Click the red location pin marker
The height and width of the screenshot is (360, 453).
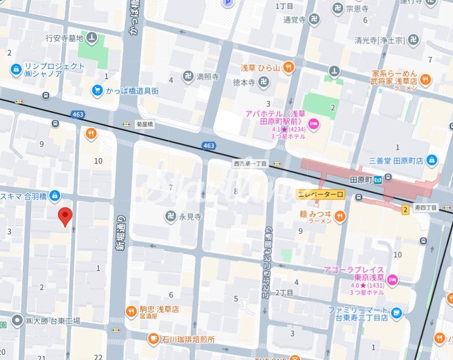click(65, 216)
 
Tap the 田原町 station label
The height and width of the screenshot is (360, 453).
click(361, 180)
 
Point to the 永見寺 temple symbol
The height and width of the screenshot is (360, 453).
click(170, 217)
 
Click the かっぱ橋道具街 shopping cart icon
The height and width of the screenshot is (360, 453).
click(98, 90)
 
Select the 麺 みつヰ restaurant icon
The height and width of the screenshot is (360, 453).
click(340, 216)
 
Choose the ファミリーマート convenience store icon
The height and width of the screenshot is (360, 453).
click(396, 313)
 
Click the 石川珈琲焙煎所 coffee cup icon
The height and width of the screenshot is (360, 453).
click(153, 339)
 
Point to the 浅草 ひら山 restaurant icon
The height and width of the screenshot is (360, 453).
click(289, 68)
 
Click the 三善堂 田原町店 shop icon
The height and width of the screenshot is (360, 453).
click(432, 160)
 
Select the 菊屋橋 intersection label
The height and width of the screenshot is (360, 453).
click(143, 124)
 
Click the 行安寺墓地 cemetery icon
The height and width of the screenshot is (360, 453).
click(92, 38)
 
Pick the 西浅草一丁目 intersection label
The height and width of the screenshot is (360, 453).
click(250, 164)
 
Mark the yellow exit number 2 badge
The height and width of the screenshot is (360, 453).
click(405, 209)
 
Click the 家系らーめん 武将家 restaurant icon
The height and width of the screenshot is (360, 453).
click(425, 80)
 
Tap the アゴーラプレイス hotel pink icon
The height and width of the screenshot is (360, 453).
click(393, 279)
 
